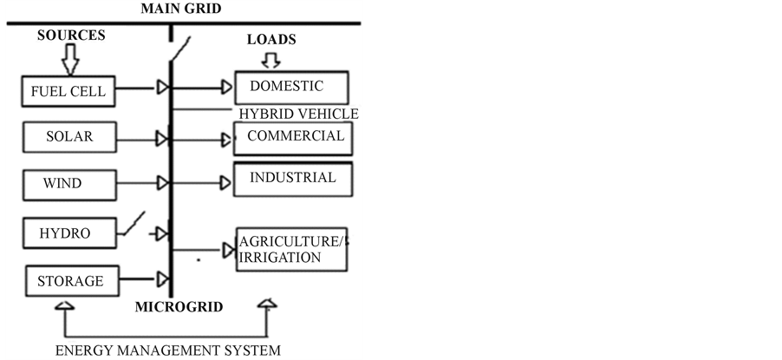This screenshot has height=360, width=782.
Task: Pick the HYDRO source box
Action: tap(65, 233)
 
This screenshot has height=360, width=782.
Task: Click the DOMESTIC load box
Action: tap(291, 88)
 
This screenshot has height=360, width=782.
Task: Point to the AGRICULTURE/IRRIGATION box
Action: tap(292, 249)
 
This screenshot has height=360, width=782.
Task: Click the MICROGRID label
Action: tap(179, 307)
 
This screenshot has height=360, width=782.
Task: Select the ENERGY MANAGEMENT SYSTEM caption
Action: tap(167, 350)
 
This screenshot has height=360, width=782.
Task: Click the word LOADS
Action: tap(271, 40)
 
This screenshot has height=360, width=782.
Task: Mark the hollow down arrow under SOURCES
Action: tap(70, 61)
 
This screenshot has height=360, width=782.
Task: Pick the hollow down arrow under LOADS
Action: tap(271, 61)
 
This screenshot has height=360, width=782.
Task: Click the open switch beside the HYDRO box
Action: tap(132, 226)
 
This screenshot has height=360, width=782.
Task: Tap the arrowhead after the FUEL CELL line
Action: tap(162, 88)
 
